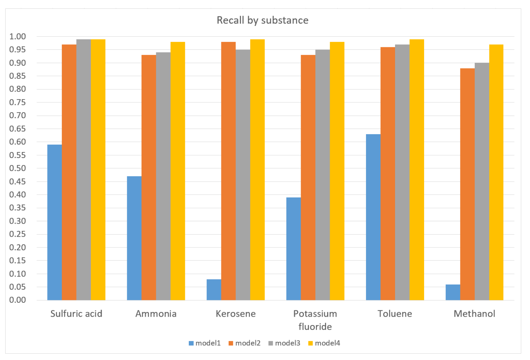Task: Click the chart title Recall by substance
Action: pyautogui.click(x=263, y=20)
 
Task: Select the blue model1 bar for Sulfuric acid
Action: pyautogui.click(x=55, y=222)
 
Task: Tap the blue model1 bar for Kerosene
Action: pyautogui.click(x=214, y=289)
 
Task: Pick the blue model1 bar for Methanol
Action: pyautogui.click(x=453, y=292)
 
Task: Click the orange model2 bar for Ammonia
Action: pyautogui.click(x=149, y=178)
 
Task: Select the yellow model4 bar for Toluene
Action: pyautogui.click(x=416, y=170)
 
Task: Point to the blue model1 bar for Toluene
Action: pyautogui.click(x=373, y=217)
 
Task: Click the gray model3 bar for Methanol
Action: pyautogui.click(x=482, y=181)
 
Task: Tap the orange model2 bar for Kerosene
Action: pyautogui.click(x=228, y=171)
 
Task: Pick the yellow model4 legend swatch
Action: pyautogui.click(x=310, y=343)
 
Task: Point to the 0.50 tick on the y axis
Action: pyautogui.click(x=17, y=168)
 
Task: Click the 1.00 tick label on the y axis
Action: pyautogui.click(x=17, y=36)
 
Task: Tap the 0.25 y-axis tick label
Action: pyautogui.click(x=17, y=234)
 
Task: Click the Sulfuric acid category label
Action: pyautogui.click(x=76, y=314)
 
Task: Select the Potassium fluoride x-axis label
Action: pyautogui.click(x=315, y=320)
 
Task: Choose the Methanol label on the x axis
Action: pyautogui.click(x=474, y=314)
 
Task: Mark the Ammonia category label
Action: pyautogui.click(x=156, y=314)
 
